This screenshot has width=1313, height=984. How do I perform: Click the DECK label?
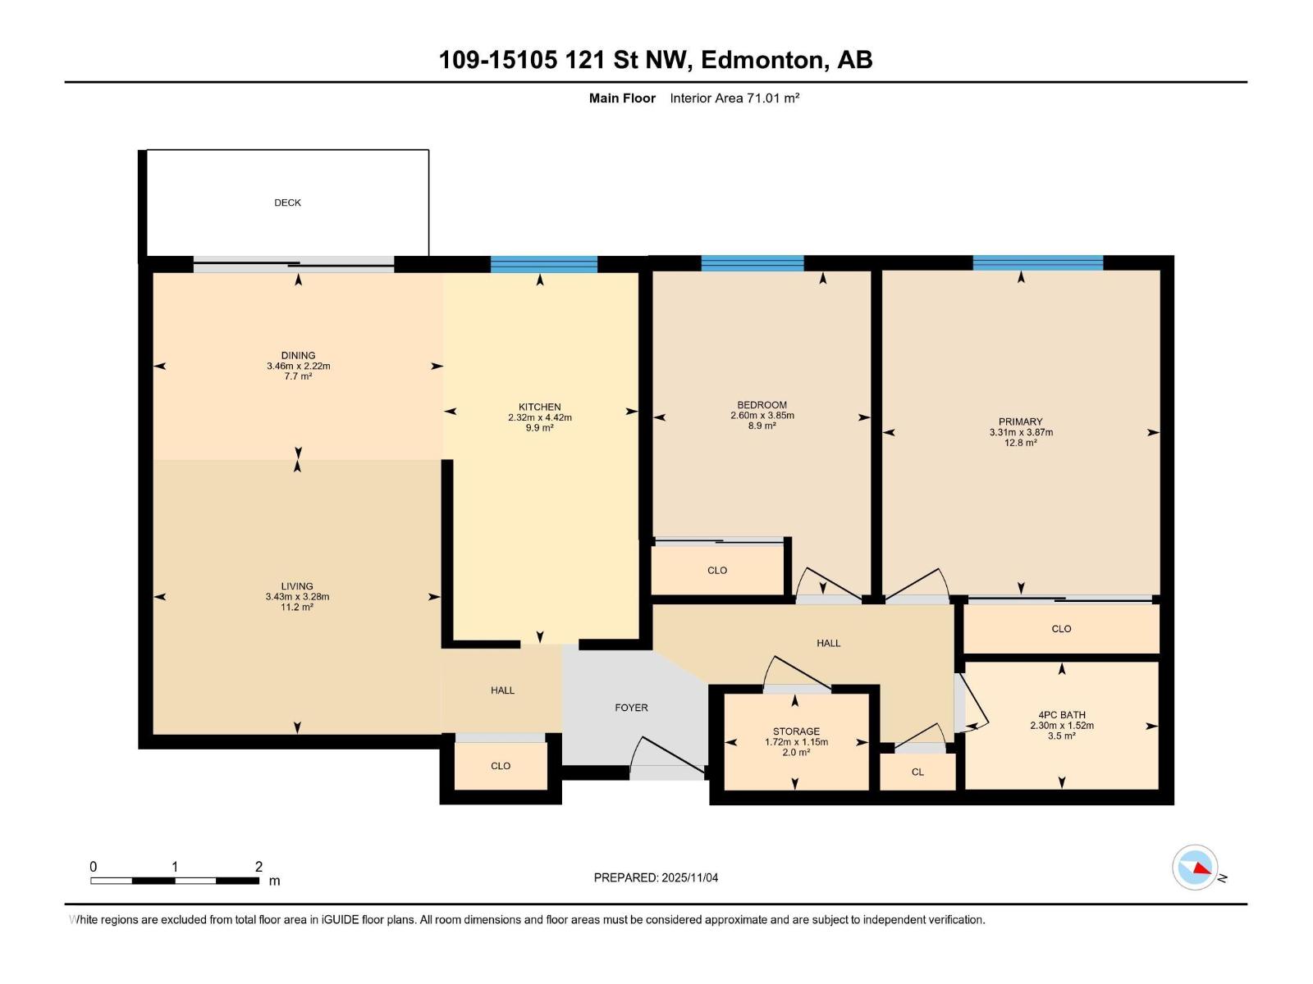pyautogui.click(x=287, y=203)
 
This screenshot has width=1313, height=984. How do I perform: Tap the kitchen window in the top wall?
pyautogui.click(x=543, y=264)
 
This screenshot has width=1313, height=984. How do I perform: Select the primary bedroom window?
pyautogui.click(x=1037, y=263)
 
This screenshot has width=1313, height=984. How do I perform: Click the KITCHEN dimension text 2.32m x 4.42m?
pyautogui.click(x=539, y=417)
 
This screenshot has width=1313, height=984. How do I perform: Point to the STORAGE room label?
pyautogui.click(x=795, y=731)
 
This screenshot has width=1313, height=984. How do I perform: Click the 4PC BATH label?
pyautogui.click(x=1061, y=715)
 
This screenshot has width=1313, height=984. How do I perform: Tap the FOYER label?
pyautogui.click(x=631, y=708)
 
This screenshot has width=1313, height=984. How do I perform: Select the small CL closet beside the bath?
pyautogui.click(x=917, y=772)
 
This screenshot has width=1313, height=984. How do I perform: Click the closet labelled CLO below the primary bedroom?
pyautogui.click(x=1061, y=629)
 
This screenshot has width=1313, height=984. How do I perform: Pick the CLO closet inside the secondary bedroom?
pyautogui.click(x=716, y=571)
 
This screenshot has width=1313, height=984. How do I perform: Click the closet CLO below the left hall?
pyautogui.click(x=501, y=766)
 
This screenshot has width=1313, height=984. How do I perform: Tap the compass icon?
pyautogui.click(x=1195, y=867)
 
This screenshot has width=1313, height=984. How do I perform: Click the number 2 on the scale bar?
pyautogui.click(x=258, y=867)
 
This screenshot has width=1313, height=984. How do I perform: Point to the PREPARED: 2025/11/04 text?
pyautogui.click(x=656, y=877)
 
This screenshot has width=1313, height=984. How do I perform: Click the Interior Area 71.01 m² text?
pyautogui.click(x=734, y=98)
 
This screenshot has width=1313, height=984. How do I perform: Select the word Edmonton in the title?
pyautogui.click(x=762, y=60)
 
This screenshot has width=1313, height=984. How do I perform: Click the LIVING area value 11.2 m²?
pyautogui.click(x=297, y=608)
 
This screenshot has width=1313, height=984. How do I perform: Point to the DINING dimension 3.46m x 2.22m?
pyautogui.click(x=298, y=367)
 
